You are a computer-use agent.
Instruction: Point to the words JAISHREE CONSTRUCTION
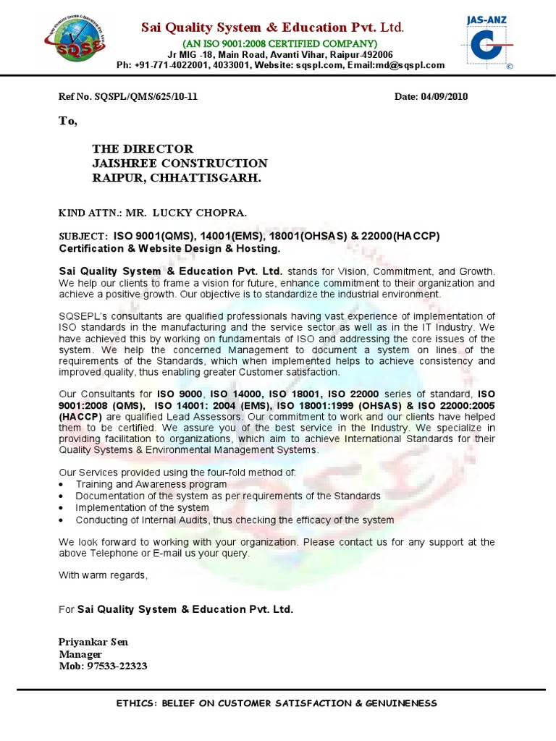pyautogui.click(x=180, y=164)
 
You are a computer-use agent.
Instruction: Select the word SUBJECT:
pyautogui.click(x=83, y=237)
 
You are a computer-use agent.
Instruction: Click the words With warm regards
pyautogui.click(x=103, y=575)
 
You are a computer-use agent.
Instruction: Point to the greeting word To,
pyautogui.click(x=67, y=121)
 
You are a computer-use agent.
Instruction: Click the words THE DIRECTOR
pyautogui.click(x=143, y=149)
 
